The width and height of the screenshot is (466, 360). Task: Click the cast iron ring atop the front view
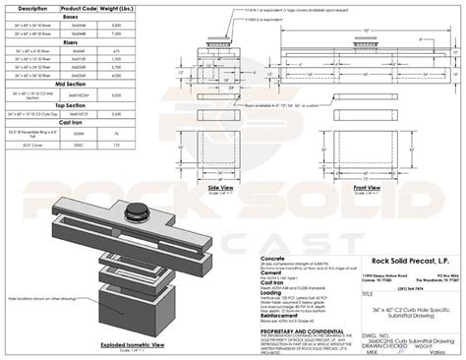tap(366, 47)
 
